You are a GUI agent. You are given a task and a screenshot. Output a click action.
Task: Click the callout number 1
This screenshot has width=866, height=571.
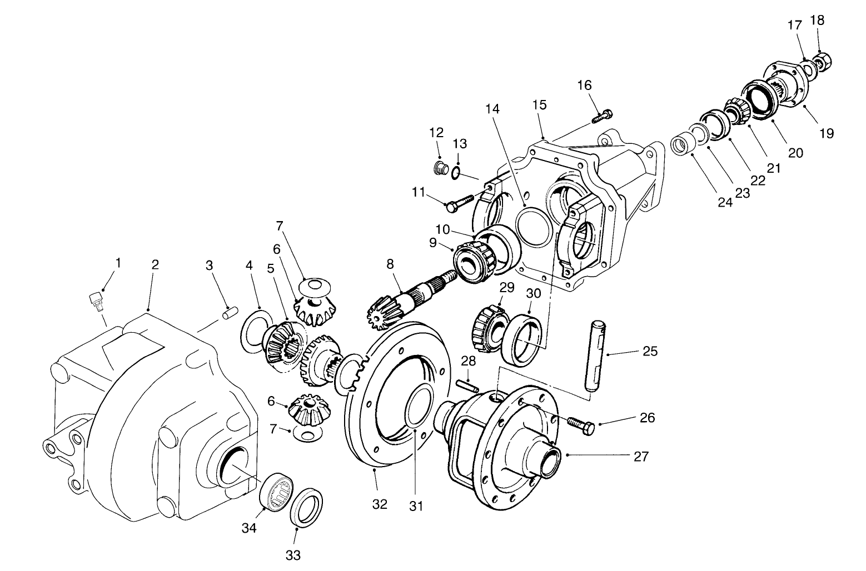pos(117,262)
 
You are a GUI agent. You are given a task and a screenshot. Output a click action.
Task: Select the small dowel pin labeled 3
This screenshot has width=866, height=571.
pos(226,313)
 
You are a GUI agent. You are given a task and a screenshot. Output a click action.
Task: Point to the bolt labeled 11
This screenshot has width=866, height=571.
pos(459,203)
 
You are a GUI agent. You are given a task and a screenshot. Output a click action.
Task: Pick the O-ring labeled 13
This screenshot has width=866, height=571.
pos(455,173)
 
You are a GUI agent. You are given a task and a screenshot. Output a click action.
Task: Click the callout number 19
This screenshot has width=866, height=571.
pos(826,133)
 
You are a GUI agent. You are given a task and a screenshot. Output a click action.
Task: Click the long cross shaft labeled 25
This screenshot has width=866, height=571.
pos(595,355)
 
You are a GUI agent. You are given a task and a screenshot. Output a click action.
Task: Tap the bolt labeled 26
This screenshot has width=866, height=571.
pos(581,427)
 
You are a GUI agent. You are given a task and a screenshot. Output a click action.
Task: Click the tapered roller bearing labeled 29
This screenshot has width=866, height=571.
pos(487,327)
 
